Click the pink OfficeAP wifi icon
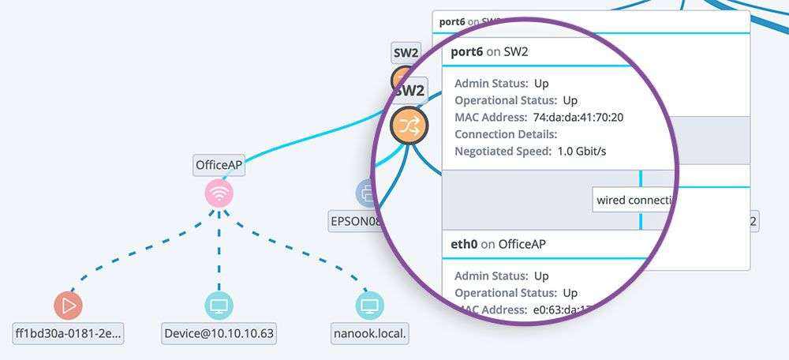(219, 193)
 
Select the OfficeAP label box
(219, 165)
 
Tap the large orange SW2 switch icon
(409, 126)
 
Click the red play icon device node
(68, 306)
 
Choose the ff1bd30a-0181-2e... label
(69, 333)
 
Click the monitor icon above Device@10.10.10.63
(219, 306)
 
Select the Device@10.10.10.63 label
(219, 333)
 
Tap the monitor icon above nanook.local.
(369, 306)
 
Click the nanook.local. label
(369, 333)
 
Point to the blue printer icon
(368, 192)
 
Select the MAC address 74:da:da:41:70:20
(578, 118)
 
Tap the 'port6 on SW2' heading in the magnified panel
(488, 52)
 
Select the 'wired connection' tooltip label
(634, 200)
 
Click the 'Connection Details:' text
(506, 134)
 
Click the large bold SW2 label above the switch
(409, 91)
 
